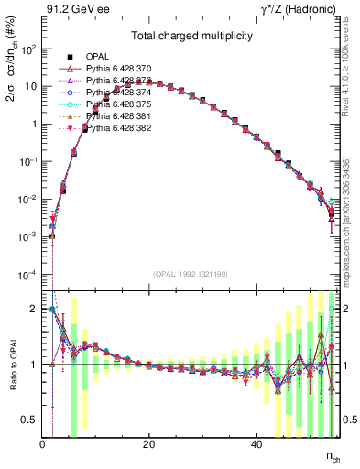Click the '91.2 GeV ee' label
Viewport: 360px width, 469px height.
[71, 11]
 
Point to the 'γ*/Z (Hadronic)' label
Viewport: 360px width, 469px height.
[300, 11]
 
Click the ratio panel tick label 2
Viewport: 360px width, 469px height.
[34, 309]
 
